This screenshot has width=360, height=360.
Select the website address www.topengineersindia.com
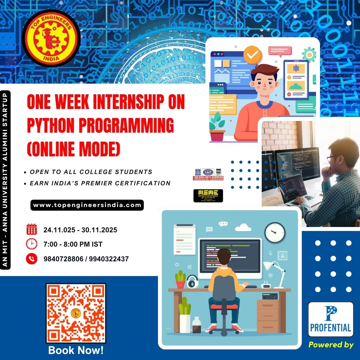pyautogui.click(x=87, y=205)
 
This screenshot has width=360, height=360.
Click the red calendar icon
pyautogui.click(x=32, y=230)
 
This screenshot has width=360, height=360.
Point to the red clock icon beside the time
pyautogui.click(x=32, y=244)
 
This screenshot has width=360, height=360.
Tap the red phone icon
pyautogui.click(x=32, y=259)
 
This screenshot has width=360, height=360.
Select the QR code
pyautogui.click(x=76, y=313)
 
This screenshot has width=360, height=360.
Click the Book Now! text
pyautogui.click(x=76, y=350)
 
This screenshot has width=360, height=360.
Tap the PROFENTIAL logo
pyautogui.click(x=331, y=319)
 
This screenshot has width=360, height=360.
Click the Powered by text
pyautogui.click(x=331, y=345)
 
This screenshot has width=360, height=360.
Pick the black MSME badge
pyautogui.click(x=208, y=196)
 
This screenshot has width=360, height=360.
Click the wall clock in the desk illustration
pyautogui.click(x=275, y=232)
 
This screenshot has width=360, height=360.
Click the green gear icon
pyautogui.click(x=309, y=54)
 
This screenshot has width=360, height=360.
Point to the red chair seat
pyautogui.click(x=224, y=306)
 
